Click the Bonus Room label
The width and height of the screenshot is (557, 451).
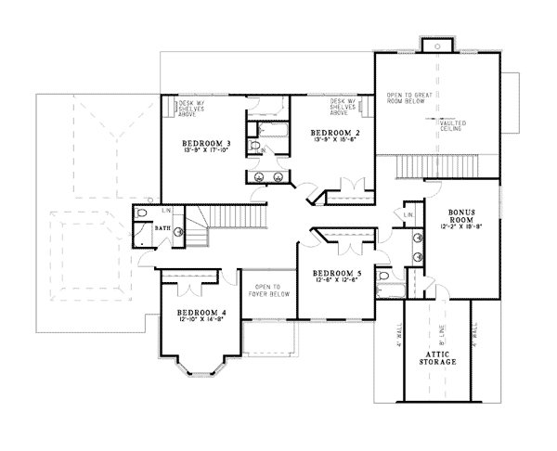(x=461, y=214)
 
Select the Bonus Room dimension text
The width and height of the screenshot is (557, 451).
(x=461, y=225)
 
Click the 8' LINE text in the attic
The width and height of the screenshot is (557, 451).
(x=439, y=329)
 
